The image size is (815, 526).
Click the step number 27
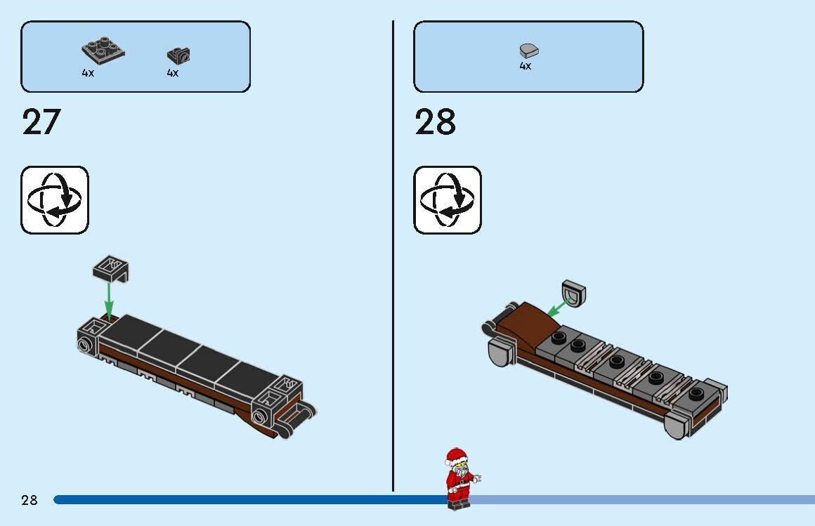tap(41, 122)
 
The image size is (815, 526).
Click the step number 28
tap(435, 122)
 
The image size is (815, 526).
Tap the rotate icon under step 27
tap(55, 200)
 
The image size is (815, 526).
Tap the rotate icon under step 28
tap(448, 200)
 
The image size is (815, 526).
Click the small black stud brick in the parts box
tap(178, 55)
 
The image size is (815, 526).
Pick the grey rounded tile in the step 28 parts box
tap(528, 50)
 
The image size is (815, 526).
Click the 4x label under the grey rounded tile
tap(526, 66)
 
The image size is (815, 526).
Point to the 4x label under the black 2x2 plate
tap(88, 73)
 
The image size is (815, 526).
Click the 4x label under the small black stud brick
tap(173, 73)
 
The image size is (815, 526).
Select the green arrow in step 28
tap(559, 306)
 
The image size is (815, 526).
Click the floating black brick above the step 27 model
tap(110, 269)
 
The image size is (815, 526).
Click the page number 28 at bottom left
tap(30, 500)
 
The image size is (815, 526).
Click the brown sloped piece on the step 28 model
tap(532, 324)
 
